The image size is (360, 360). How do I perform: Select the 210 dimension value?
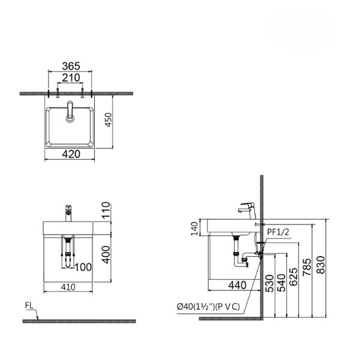click(x=71, y=79)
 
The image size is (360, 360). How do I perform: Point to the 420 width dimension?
click(x=71, y=154)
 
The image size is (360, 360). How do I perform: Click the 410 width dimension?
click(x=71, y=287)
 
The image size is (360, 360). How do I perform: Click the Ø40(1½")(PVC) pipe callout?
click(x=208, y=306)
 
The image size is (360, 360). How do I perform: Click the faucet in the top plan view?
click(x=70, y=111)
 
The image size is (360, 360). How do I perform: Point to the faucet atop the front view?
click(x=67, y=211)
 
